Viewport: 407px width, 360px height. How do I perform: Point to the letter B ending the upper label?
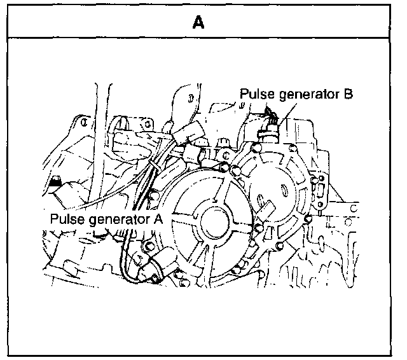[x=348, y=95]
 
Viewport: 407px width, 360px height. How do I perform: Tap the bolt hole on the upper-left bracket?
[x=83, y=120]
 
